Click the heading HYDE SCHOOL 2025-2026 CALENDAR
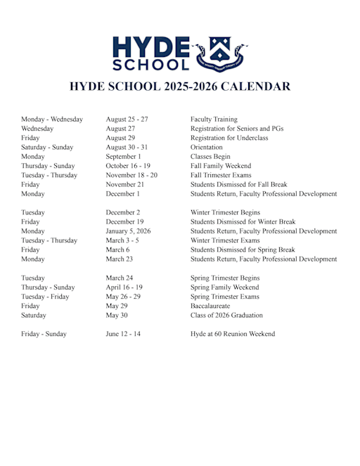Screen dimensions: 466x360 [x=179, y=87]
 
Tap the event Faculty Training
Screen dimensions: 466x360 [x=214, y=119]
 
